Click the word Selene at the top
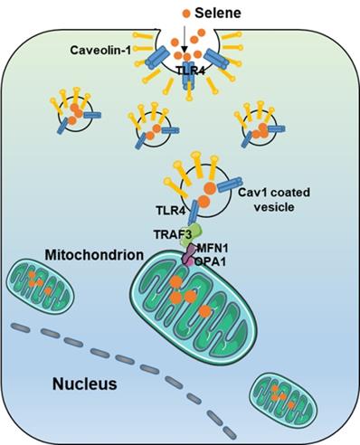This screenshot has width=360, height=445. tap(213, 14)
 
